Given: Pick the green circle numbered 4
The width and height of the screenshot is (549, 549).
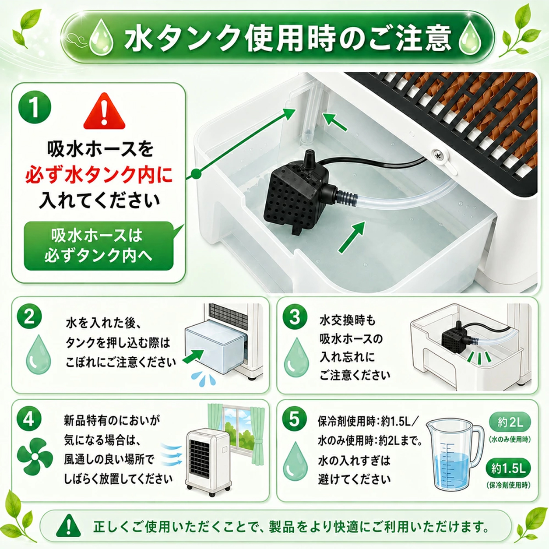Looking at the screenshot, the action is [x=29, y=419].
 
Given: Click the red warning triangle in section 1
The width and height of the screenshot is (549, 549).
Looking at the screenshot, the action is [x=104, y=111].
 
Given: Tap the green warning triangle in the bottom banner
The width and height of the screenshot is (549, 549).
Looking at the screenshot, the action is [x=68, y=525].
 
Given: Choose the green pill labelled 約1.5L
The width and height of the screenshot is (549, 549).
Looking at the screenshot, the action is [x=509, y=468].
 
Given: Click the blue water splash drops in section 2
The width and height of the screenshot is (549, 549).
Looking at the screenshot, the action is [x=203, y=379].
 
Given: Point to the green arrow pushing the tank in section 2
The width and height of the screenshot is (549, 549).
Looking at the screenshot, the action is [x=194, y=356].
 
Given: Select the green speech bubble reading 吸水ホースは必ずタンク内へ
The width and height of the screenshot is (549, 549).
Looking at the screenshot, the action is [x=99, y=246].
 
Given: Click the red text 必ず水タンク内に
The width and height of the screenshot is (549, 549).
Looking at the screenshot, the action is [x=99, y=175].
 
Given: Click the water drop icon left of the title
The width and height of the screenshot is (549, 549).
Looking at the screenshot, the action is [x=102, y=37].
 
